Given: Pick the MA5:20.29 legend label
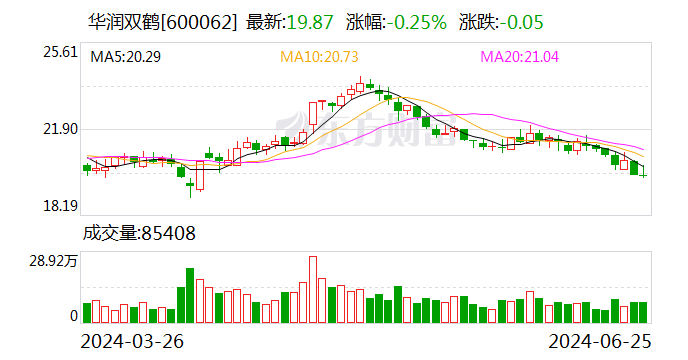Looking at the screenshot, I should [126, 57].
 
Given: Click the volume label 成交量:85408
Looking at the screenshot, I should [139, 233].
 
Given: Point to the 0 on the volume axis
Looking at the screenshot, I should [73, 316].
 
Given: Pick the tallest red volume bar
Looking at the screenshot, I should [313, 290].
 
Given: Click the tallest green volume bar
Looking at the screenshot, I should [190, 296].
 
